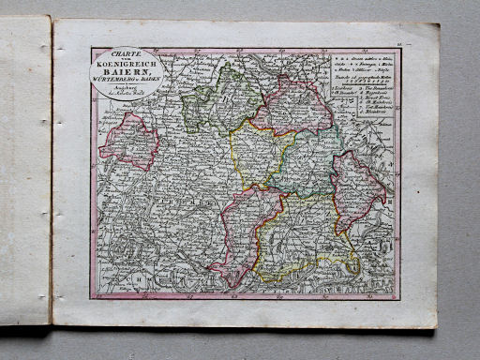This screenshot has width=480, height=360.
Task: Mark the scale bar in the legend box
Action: point(364,76)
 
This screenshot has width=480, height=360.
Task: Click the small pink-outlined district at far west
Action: point(128,142)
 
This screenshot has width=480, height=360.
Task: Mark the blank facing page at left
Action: point(25,169)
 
